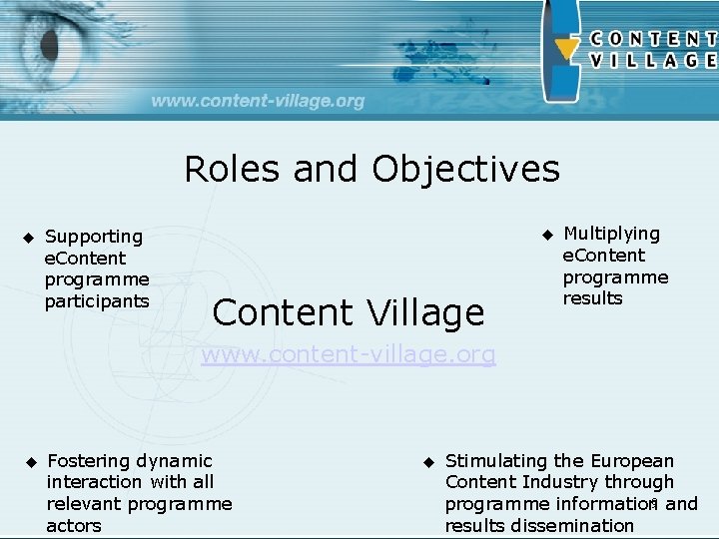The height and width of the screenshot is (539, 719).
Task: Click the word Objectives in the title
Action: coord(466,170)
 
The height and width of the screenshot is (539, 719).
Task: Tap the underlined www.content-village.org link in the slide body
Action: coord(349,354)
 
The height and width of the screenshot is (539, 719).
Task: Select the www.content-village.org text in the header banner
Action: coord(259,101)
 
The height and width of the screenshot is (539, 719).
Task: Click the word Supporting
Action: coord(94,237)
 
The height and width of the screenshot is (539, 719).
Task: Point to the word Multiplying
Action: coord(611,234)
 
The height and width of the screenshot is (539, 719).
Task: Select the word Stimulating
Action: coord(495,461)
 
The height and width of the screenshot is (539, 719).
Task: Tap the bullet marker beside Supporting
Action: coord(27,238)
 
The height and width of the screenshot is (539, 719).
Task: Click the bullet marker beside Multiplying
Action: coord(546,235)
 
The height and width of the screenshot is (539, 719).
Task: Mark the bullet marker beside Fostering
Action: coord(30,462)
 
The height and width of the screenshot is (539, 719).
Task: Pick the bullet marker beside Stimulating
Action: coord(426,462)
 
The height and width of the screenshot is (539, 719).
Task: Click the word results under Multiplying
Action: coord(592,298)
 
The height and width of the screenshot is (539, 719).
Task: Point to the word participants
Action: coord(97,301)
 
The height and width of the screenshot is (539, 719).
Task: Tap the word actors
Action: coord(74,526)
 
